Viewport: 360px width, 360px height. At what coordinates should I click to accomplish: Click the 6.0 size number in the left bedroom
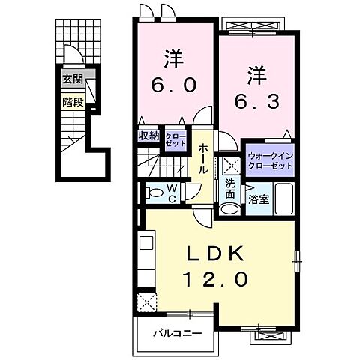176,85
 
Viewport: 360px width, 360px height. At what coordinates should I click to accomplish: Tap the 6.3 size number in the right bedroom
259,99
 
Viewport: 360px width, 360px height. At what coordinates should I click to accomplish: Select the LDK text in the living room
217,255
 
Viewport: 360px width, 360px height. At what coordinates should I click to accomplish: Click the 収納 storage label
148,136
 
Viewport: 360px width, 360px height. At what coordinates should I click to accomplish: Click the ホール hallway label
204,160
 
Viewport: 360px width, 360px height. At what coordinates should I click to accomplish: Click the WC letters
172,193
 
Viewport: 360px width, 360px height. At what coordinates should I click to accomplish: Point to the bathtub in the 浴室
282,199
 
